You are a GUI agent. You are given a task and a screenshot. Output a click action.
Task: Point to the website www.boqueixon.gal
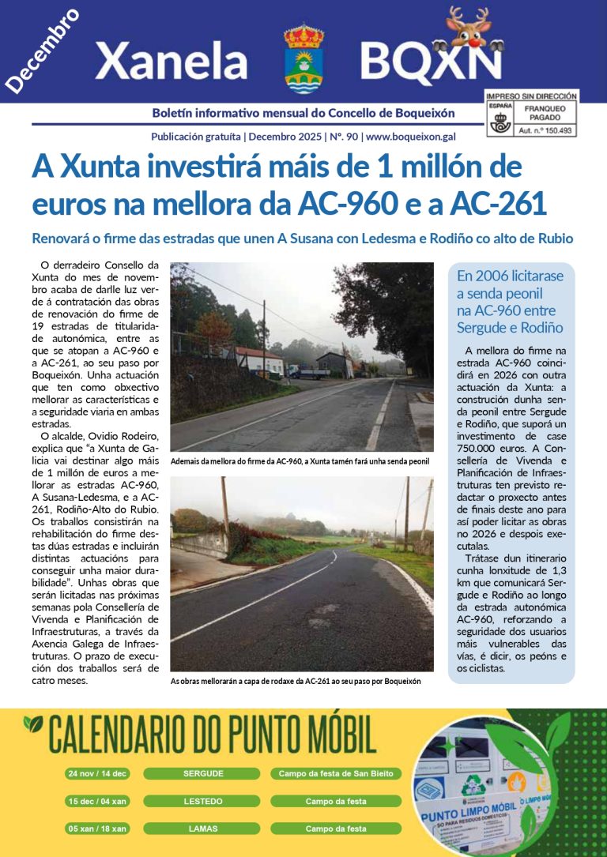(x=410, y=136)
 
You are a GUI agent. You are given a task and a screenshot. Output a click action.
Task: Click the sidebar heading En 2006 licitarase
(x=510, y=276)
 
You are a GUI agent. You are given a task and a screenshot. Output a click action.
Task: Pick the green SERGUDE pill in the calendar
(x=202, y=773)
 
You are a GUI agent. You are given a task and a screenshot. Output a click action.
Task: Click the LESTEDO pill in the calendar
(x=202, y=801)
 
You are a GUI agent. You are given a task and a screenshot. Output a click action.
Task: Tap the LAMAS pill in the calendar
(x=202, y=829)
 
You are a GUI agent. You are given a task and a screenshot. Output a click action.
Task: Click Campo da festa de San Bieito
(x=336, y=773)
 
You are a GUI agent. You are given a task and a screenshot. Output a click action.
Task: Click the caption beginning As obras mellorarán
(x=296, y=681)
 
